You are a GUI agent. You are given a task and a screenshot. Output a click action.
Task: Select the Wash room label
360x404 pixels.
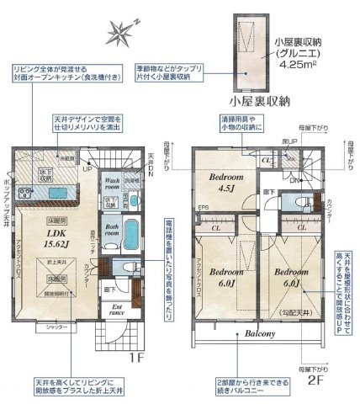pyautogui.click(x=115, y=183)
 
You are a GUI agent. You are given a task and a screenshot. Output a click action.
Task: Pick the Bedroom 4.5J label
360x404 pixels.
pyautogui.click(x=227, y=183)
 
